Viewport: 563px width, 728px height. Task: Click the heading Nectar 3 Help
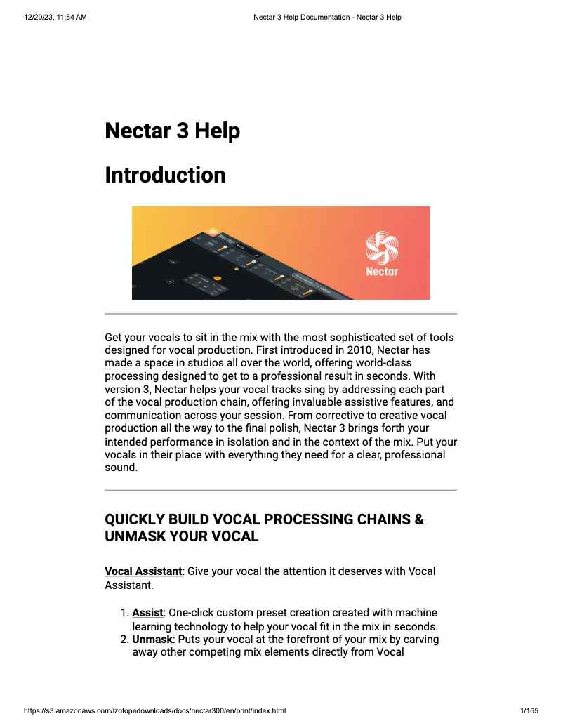172,131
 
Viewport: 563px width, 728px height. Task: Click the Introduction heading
165,175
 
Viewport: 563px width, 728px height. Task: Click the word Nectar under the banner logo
382,272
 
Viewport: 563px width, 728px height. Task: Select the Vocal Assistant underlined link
143,571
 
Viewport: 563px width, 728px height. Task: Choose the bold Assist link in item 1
147,613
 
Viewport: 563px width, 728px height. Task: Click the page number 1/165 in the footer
529,711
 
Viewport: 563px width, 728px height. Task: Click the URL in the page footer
154,711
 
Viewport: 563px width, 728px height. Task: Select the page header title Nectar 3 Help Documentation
327,17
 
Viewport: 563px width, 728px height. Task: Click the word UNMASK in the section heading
133,537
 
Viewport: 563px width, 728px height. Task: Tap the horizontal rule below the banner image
281,314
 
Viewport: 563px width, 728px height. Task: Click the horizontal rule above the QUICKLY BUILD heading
281,490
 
